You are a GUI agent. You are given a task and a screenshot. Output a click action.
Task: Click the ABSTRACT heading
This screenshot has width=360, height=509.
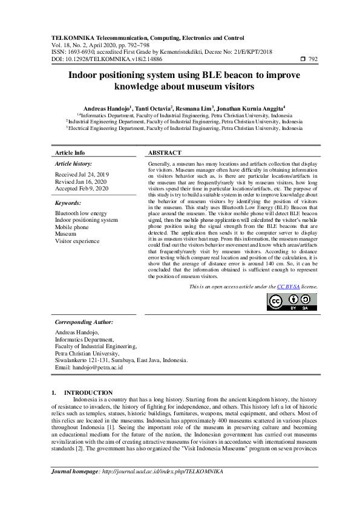165,154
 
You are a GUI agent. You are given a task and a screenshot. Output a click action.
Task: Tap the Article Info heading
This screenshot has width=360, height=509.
70,154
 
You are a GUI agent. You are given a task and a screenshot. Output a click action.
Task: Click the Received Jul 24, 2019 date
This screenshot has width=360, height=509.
82,174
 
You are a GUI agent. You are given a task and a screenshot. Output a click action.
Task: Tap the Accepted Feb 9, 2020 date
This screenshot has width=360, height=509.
82,189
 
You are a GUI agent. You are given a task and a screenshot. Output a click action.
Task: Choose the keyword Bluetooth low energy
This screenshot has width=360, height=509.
81,213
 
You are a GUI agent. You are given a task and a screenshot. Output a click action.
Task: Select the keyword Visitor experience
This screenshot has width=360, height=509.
77,241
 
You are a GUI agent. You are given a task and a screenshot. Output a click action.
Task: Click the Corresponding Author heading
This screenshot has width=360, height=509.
84,322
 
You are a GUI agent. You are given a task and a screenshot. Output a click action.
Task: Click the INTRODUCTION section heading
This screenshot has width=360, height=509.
88,392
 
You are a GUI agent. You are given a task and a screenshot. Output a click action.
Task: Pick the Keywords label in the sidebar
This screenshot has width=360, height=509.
68,203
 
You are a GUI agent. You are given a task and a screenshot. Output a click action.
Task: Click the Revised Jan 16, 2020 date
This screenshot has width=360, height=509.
80,181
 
